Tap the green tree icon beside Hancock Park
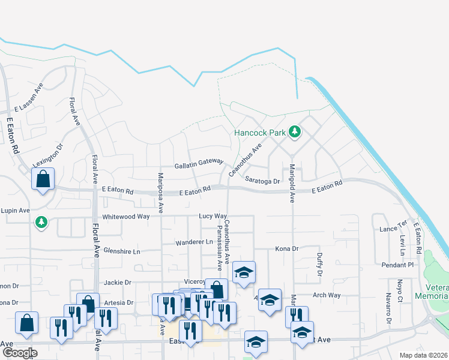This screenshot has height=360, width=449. tap(294, 131)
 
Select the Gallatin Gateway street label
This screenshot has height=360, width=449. tap(199, 163)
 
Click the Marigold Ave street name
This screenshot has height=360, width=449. tap(292, 183)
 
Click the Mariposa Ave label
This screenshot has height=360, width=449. tap(160, 193)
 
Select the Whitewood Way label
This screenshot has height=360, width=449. tap(125, 216)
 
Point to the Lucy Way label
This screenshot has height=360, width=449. tap(213, 216)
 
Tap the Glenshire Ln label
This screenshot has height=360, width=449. tap(121, 251)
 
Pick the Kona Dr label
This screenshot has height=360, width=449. tap(286, 248)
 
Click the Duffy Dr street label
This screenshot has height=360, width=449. tap(319, 264)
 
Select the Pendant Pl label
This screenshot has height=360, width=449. tap(397, 265)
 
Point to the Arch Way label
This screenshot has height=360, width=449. tap(327, 295)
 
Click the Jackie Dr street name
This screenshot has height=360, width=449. tap(117, 282)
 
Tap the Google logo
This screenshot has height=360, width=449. tap(20, 353)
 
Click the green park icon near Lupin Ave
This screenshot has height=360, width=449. tap(41, 223)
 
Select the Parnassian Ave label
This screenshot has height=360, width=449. tap(219, 245)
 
